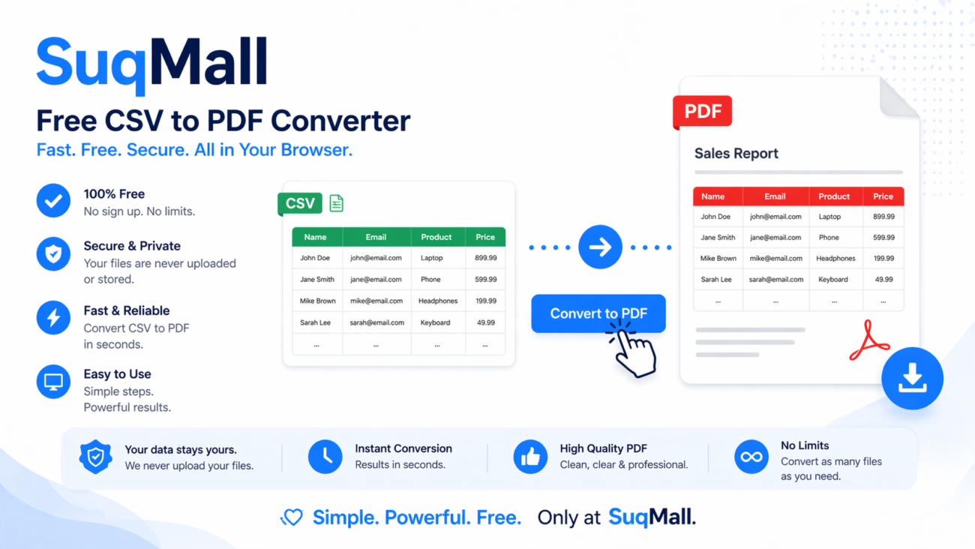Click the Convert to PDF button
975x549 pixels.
click(x=598, y=313)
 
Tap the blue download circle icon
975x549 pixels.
click(x=912, y=378)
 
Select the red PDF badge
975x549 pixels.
click(x=702, y=112)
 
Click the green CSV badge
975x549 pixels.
click(x=300, y=203)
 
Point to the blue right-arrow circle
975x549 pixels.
click(x=600, y=247)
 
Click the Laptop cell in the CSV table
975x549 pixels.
click(x=432, y=258)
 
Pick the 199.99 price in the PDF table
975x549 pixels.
click(x=883, y=258)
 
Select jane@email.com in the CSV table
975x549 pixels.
click(x=376, y=279)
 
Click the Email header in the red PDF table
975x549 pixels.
click(x=775, y=196)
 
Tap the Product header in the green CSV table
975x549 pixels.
click(x=436, y=237)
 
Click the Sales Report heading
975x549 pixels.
click(x=736, y=154)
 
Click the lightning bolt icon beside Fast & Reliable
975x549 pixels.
click(x=53, y=318)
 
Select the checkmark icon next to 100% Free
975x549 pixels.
click(x=53, y=201)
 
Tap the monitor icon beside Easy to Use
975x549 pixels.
click(x=53, y=382)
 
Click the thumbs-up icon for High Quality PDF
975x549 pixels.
click(x=530, y=457)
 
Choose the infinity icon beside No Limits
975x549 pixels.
click(x=751, y=457)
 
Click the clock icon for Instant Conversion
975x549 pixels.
click(x=325, y=457)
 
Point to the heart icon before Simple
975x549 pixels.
click(x=292, y=517)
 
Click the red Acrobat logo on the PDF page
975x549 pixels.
click(x=868, y=341)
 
